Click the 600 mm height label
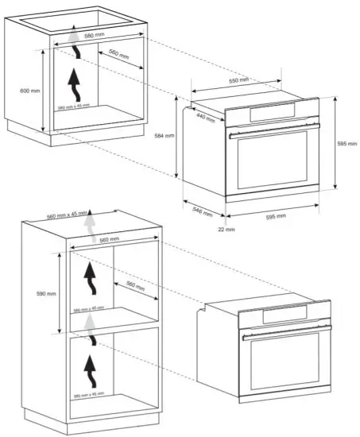(x=29, y=91)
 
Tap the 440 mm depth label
(x=206, y=117)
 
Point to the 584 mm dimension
(x=164, y=136)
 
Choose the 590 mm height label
(x=46, y=293)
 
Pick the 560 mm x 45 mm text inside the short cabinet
(x=73, y=106)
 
